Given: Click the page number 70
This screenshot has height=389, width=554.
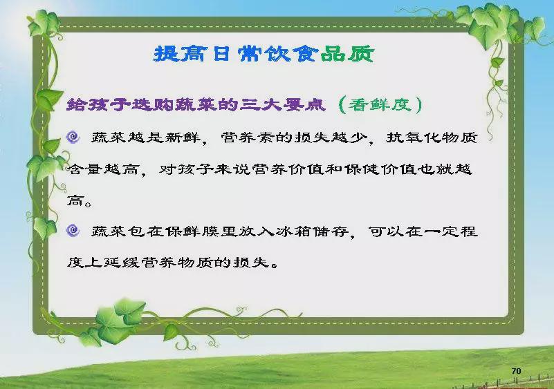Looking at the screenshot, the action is tap(516, 370).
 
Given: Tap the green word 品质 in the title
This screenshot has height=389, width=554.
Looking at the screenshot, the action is tap(347, 54).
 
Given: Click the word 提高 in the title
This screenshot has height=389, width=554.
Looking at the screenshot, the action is tap(180, 54).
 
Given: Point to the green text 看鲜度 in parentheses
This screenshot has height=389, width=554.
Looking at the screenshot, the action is tap(380, 105).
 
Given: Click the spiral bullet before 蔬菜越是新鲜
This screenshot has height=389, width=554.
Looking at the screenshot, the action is tap(73, 137).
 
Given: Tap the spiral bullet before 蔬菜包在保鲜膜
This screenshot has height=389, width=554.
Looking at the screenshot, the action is tap(73, 231).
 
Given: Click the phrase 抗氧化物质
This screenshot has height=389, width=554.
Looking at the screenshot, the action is tap(432, 137).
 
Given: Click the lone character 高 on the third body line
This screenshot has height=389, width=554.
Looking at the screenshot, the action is tap(75, 201).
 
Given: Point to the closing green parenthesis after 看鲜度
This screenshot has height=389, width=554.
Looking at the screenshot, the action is tap(418, 105).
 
